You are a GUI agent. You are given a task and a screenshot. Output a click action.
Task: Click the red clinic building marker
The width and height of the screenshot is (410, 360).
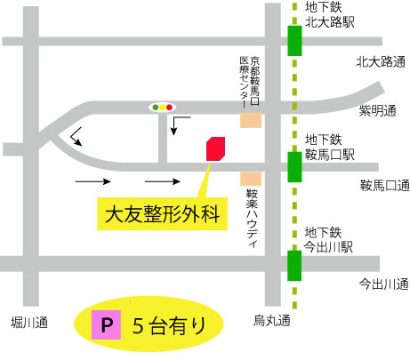214,148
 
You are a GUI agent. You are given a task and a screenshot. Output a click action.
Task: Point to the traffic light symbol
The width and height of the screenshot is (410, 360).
162,107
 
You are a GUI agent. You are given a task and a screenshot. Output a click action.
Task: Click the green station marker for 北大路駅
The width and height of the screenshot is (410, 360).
294,40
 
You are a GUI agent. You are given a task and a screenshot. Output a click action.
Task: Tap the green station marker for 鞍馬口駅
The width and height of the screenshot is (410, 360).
294,165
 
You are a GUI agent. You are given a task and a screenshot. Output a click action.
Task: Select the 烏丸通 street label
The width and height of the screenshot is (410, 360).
269,321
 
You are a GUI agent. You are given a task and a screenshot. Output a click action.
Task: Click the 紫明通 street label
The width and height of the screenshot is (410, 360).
380,111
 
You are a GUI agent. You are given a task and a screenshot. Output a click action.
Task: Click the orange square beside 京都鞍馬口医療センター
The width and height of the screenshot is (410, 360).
252,120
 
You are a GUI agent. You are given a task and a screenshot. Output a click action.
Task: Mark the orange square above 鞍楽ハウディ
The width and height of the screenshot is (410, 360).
252,179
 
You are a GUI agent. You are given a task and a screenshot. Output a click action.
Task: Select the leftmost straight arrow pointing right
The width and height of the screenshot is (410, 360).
92,181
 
